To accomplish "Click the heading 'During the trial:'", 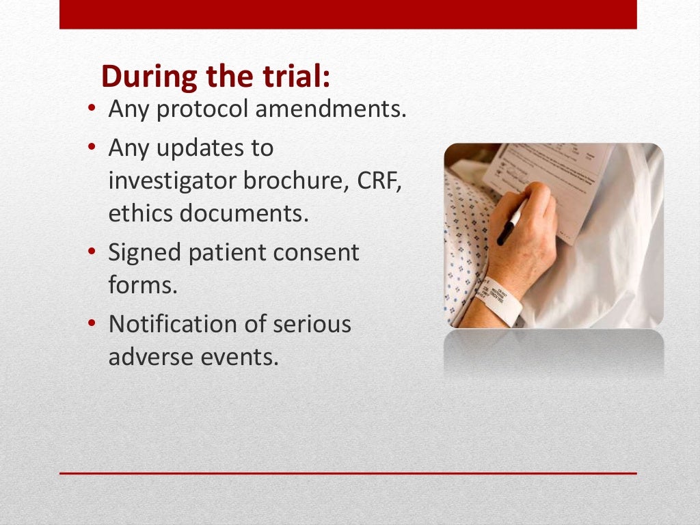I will pos(215,77).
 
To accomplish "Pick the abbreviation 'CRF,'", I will pos(379,181).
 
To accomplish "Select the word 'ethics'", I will pos(141,214).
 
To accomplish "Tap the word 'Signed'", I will pos(145,254).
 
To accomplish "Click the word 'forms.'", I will pos(143,285).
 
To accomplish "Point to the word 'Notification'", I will pos(174,323).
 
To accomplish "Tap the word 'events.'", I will pos(242,357).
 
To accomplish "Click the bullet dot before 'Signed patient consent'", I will pos(92,254).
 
